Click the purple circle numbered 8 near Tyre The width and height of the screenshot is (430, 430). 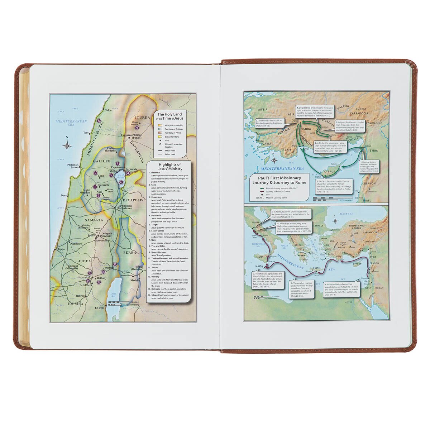point(99,121)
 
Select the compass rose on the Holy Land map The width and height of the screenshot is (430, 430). point(67,145)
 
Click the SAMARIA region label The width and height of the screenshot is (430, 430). point(94,220)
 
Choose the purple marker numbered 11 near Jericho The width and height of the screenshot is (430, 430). point(115,264)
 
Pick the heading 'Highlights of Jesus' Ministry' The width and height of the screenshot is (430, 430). point(169,166)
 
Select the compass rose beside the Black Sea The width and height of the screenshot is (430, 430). point(335,220)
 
